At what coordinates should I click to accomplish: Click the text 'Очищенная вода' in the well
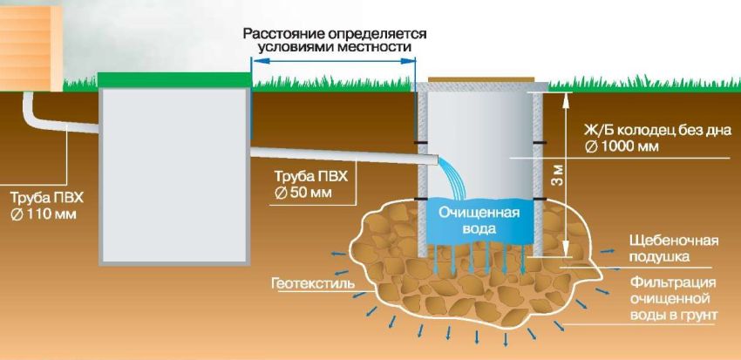point(479,221)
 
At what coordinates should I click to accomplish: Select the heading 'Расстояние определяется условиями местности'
point(335,39)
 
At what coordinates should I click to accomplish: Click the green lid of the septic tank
point(174,79)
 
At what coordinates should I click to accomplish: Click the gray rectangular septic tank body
point(174,174)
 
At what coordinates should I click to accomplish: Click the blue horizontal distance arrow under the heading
point(332,60)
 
